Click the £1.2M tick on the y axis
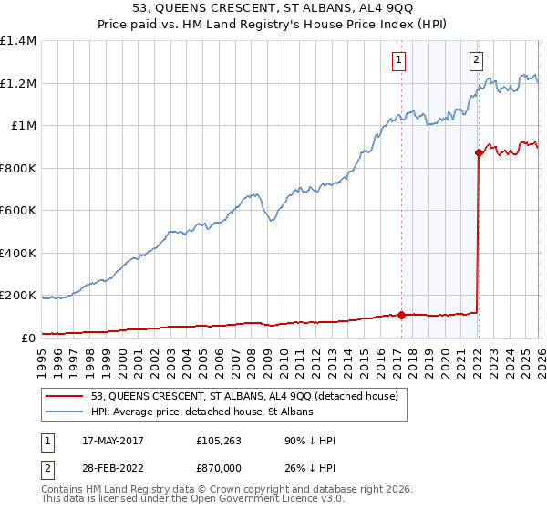[x=17, y=83]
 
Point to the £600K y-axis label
[x=17, y=210]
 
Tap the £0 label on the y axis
[x=27, y=338]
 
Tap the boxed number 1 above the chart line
[x=399, y=61]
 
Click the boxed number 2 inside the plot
[x=477, y=61]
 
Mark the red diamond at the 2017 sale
[x=400, y=316]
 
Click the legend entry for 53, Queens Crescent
[x=244, y=397]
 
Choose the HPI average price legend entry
[x=201, y=412]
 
